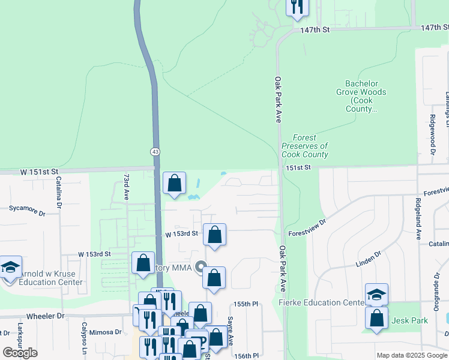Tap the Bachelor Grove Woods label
365,96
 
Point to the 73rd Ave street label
126,187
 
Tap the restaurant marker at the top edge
296,6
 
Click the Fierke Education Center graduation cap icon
376,294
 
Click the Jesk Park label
409,320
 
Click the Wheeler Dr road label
45,316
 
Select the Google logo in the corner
20,352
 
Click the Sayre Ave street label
230,331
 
